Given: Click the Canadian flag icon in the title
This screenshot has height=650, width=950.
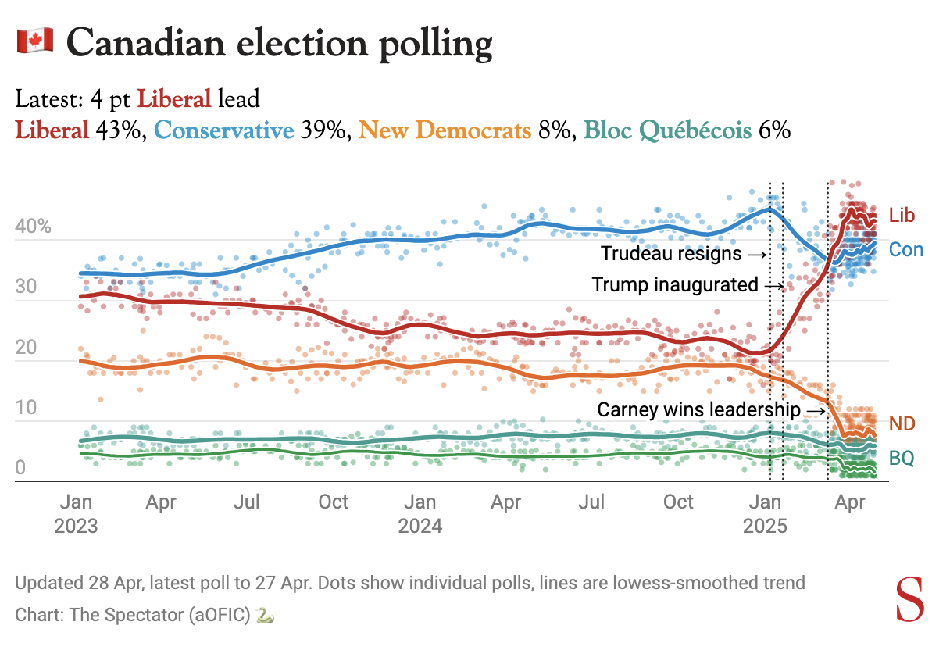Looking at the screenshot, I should pos(34,41).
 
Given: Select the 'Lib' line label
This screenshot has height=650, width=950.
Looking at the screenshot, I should pos(902,216).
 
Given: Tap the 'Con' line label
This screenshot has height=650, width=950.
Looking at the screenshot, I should pos(906,250).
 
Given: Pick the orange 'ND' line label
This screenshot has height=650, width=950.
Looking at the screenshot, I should pos(902,424).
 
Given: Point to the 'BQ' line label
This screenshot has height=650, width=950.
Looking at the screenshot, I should pos(902,459).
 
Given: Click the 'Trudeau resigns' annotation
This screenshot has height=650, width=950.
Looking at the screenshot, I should pos(671,254).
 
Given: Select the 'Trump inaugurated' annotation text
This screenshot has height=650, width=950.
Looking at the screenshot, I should pos(675,285).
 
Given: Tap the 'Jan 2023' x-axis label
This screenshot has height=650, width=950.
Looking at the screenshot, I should pos(76,513).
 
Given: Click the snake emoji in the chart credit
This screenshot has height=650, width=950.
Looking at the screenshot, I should pos(266,616).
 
